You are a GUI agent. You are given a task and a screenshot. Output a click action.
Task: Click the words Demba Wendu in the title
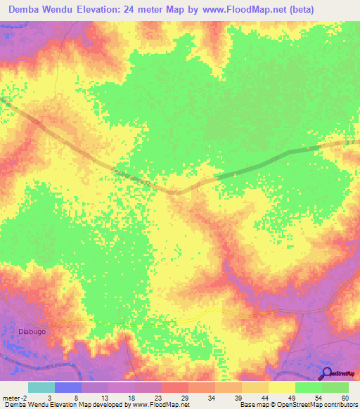pos(37,10)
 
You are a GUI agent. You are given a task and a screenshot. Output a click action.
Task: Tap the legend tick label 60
pos(345,398)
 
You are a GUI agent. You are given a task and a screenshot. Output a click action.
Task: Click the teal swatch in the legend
pos(41,387)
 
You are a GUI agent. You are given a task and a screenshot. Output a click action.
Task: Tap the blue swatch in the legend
pos(68,387)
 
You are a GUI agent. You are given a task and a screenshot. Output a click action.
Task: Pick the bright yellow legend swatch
pos(281,387)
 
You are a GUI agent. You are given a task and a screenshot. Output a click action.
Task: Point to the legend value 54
pos(319,398)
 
